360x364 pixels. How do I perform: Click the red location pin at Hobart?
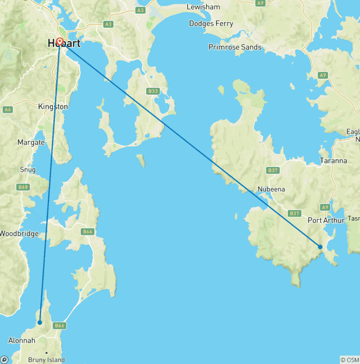pos(60,42)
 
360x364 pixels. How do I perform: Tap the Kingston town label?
pos(53,107)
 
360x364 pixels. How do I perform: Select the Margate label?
pos(31,142)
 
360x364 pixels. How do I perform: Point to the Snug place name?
pos(27,169)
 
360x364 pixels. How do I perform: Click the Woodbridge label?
pos(19,234)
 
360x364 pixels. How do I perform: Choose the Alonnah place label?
pos(22,341)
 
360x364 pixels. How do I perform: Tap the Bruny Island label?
pos(46,360)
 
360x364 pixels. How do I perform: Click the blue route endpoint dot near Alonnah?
pos(40,322)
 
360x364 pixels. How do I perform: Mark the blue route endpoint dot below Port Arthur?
pos(320,247)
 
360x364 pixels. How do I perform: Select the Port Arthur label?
pos(326,220)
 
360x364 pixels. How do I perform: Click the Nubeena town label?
pos(271,190)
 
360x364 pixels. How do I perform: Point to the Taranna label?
pos(333,161)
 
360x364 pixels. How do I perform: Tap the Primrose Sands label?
pos(235,47)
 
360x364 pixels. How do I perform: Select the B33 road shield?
pos(153,91)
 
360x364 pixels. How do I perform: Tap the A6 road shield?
pos(7,109)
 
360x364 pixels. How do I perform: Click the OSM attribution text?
pos(349,360)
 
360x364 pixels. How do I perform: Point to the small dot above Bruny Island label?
pos(46,352)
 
